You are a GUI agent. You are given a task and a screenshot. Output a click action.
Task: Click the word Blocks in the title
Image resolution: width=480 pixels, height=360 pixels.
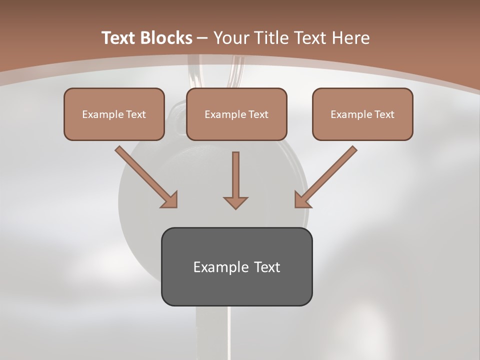click(165, 38)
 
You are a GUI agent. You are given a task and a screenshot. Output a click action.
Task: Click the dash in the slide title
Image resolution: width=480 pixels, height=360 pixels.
click(202, 38)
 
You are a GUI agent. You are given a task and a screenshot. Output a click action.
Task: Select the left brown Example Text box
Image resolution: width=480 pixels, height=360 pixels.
click(114, 114)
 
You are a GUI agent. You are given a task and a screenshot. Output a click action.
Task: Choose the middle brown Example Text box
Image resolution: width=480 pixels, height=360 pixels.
click(236, 114)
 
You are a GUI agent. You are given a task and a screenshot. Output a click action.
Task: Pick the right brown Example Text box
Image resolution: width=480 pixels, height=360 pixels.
click(362, 114)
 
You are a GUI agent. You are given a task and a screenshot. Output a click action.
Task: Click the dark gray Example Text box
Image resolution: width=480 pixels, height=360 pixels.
click(236, 267)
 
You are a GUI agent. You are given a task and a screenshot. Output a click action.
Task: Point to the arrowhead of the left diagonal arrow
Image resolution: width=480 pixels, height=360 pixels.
click(170, 200)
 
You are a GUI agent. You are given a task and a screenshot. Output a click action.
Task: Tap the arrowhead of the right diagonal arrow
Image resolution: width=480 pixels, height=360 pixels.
click(302, 200)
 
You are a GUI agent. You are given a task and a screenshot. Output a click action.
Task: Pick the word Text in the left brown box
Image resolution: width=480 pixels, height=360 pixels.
click(136, 114)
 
